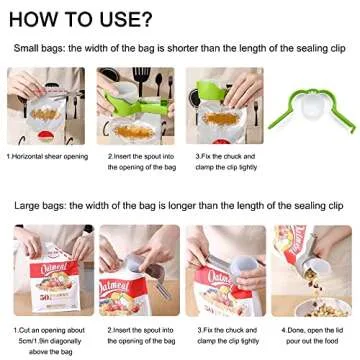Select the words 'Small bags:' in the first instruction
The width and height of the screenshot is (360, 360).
pos(39,48)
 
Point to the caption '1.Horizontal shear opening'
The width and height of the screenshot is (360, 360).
pos(47,156)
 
